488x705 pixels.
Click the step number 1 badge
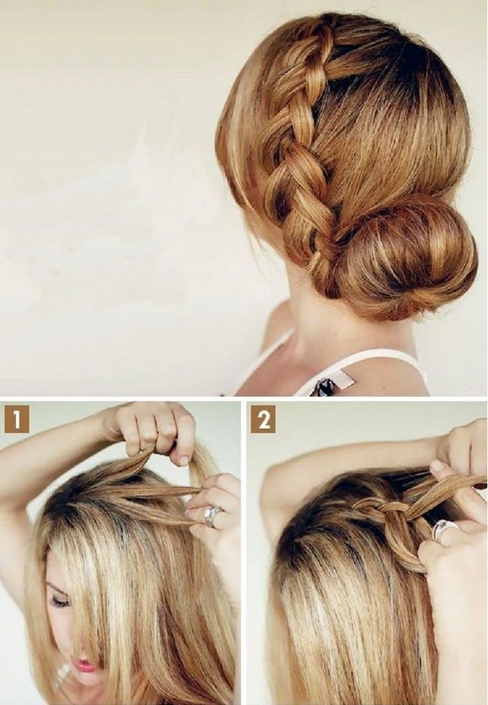pyautogui.click(x=17, y=419)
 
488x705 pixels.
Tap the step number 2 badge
pyautogui.click(x=264, y=420)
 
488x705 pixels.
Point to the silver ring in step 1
pyautogui.click(x=212, y=516)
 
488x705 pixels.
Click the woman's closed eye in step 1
pyautogui.click(x=59, y=601)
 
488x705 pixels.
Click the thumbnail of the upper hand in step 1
pyautogui.click(x=184, y=459)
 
